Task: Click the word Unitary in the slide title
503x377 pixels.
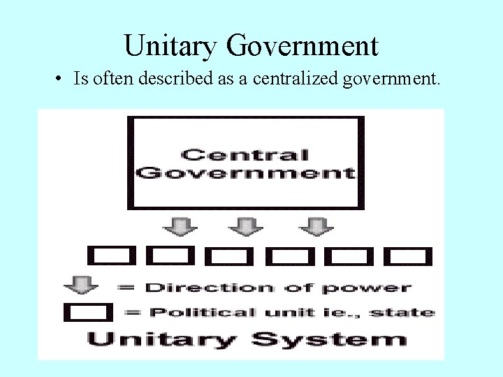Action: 170,46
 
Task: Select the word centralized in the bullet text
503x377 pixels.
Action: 296,79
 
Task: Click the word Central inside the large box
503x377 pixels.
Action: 245,155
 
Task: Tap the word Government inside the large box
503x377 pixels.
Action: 245,172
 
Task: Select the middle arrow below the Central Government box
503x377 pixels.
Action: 245,226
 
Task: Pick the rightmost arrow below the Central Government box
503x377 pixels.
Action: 316,226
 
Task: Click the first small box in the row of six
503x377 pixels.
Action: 110,256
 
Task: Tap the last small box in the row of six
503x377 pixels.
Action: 408,256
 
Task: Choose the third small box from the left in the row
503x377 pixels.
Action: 229,256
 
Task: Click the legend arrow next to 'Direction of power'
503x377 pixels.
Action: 82,285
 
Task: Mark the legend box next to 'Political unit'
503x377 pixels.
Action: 87,312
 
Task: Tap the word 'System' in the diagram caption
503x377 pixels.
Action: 329,340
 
